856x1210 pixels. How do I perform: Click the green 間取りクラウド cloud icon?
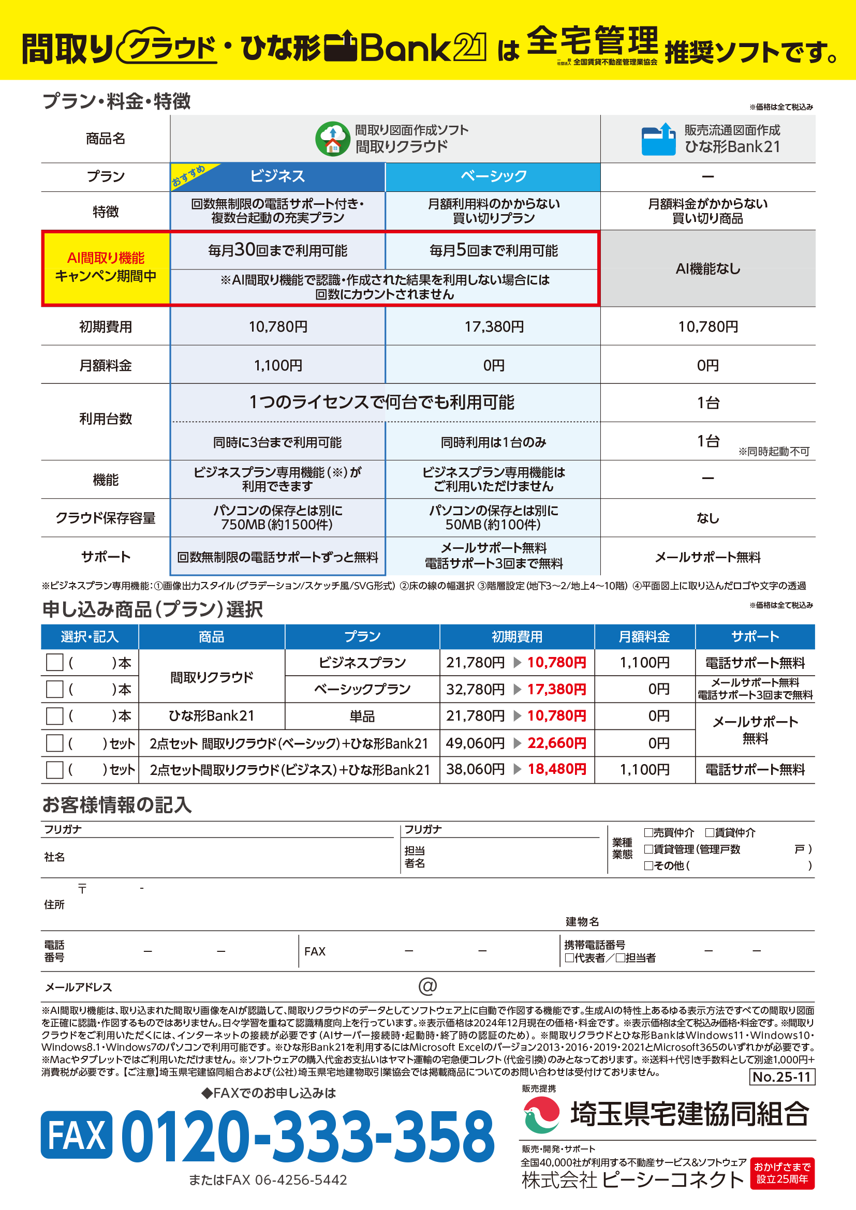[332, 139]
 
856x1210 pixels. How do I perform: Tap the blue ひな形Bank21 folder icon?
[658, 139]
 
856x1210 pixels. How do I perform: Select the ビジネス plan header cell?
[278, 176]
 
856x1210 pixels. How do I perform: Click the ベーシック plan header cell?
[493, 176]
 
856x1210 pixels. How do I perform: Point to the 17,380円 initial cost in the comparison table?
[493, 327]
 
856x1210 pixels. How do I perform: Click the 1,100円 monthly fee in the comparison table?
[278, 365]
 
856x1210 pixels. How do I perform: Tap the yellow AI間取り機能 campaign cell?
[106, 268]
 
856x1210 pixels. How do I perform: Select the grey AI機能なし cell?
[707, 269]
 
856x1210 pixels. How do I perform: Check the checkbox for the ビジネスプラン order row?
[55, 663]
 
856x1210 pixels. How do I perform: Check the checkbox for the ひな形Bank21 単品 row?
[55, 715]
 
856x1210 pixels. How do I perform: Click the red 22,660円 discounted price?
[557, 743]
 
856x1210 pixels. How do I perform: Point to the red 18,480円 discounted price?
[557, 769]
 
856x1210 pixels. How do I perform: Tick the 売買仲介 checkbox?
[648, 833]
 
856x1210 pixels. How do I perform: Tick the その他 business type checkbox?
[648, 865]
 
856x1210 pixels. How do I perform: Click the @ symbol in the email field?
[427, 986]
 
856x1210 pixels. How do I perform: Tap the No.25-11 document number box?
[781, 1077]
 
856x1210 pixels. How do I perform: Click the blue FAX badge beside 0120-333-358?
[77, 1134]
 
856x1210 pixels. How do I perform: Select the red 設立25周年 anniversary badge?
[782, 1173]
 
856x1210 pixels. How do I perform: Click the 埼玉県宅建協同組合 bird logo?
[541, 1114]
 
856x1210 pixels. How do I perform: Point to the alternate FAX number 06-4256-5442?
[301, 1180]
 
